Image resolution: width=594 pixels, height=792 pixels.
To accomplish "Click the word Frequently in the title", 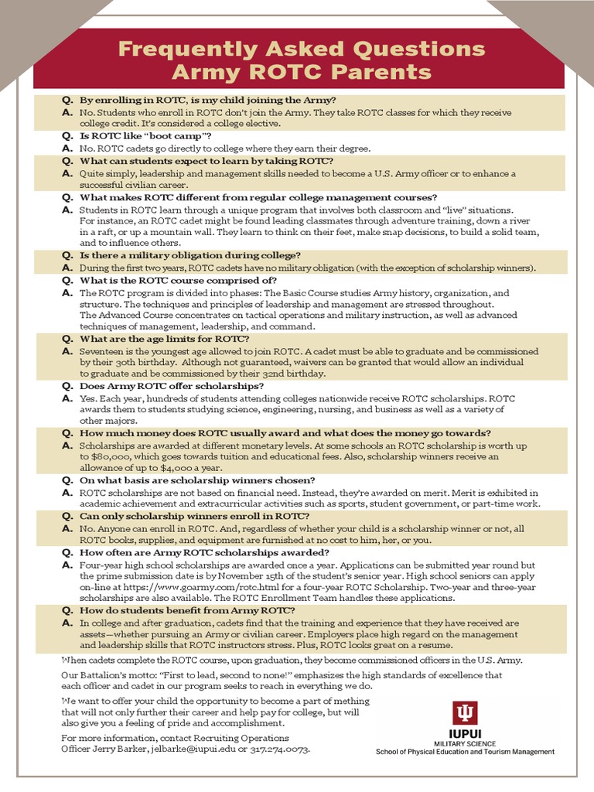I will click(x=180, y=49).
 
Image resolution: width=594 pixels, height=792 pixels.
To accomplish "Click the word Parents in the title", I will click(x=384, y=72).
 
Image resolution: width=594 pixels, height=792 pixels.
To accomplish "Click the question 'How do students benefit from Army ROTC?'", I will click(x=183, y=610).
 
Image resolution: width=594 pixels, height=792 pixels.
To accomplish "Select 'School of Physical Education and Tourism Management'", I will click(x=465, y=752).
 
